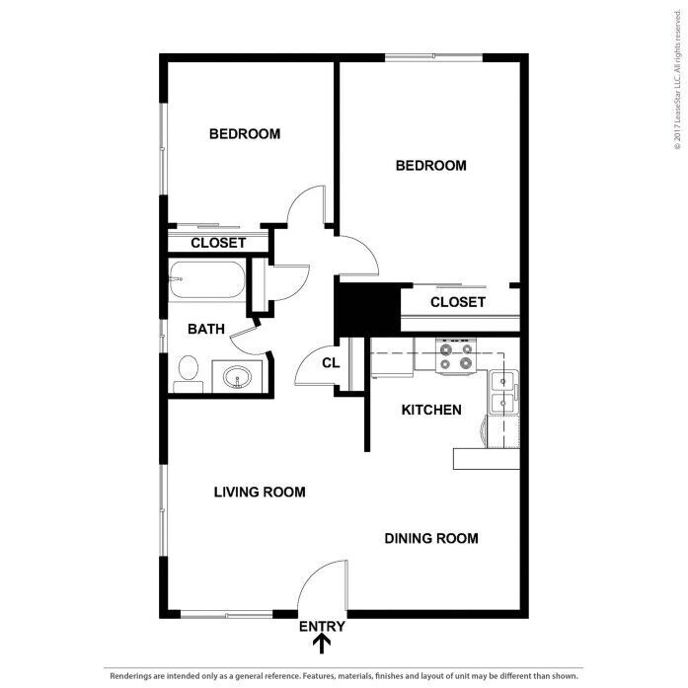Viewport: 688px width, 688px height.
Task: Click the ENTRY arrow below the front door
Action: coord(322,645)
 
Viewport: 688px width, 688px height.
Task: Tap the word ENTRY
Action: coord(322,626)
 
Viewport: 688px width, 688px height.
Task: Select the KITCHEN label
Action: coord(431,410)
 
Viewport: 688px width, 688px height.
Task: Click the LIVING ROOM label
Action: coord(260,492)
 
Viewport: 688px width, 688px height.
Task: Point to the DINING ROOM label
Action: coord(431,538)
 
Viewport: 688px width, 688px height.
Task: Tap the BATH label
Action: coord(206,329)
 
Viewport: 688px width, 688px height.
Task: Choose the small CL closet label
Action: coord(331,363)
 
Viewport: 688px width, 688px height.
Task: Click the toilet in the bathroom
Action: coord(189,374)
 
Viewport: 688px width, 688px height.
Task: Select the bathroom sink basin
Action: coord(237,377)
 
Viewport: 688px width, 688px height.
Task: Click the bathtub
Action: coord(207,280)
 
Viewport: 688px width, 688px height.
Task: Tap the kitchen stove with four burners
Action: coord(456,356)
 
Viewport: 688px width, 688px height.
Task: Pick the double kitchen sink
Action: coord(503,392)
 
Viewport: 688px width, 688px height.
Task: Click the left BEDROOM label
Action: coord(245,134)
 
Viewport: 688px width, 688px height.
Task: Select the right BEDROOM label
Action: coord(431,166)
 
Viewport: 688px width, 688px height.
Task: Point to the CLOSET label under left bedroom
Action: coord(218,243)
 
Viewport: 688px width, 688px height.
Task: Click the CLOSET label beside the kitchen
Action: coord(458,302)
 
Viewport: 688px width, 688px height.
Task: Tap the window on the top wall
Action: coord(434,57)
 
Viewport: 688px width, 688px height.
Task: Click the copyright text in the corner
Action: coord(678,79)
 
